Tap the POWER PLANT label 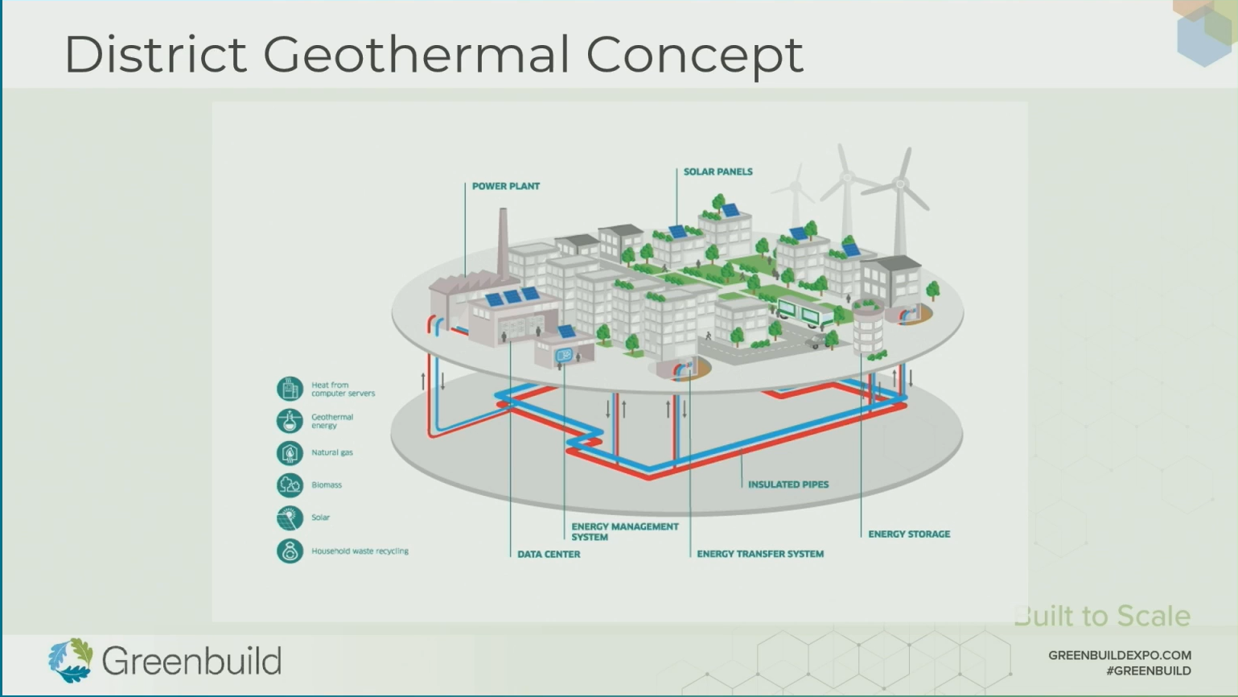(505, 186)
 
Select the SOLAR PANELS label (718, 171)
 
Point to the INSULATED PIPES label (788, 485)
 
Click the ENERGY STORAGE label (908, 534)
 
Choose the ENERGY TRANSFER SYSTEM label (759, 554)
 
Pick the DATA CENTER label (548, 554)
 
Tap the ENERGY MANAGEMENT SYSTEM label (624, 531)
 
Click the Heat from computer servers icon (290, 389)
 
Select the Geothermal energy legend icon (290, 421)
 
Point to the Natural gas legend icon (290, 453)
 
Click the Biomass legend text (327, 485)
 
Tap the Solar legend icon (290, 518)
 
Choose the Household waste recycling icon (290, 551)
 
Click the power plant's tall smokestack (504, 241)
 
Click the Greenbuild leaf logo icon (70, 660)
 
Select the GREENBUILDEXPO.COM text (1119, 655)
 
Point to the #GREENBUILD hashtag (1148, 670)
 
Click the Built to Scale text (1102, 616)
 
